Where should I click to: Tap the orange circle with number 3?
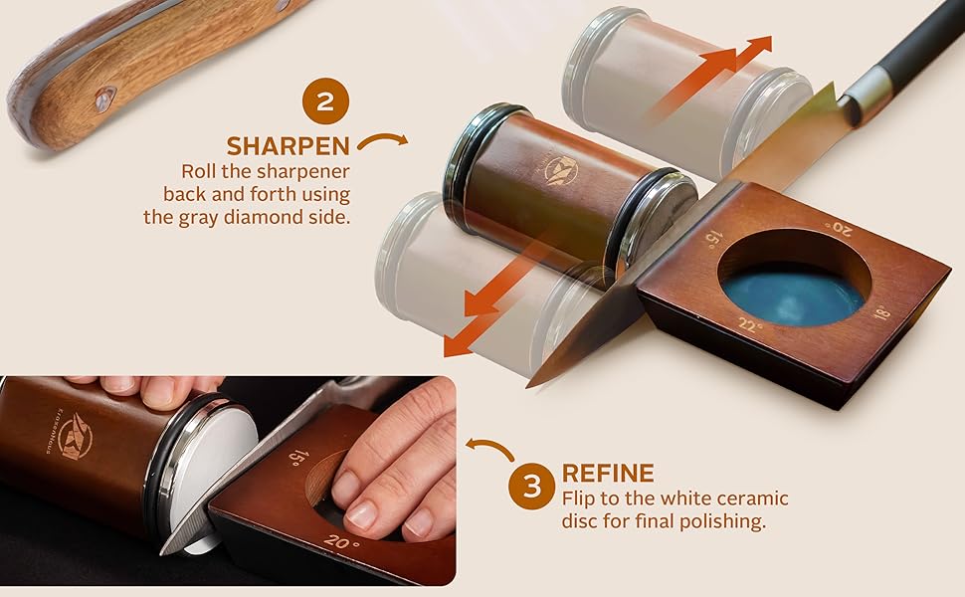(x=532, y=486)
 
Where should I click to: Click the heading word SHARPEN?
(x=288, y=146)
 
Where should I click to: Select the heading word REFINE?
(x=607, y=474)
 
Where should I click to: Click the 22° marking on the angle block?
(x=751, y=324)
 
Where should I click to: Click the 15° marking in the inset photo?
(x=296, y=457)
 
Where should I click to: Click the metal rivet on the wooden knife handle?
(x=103, y=98)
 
